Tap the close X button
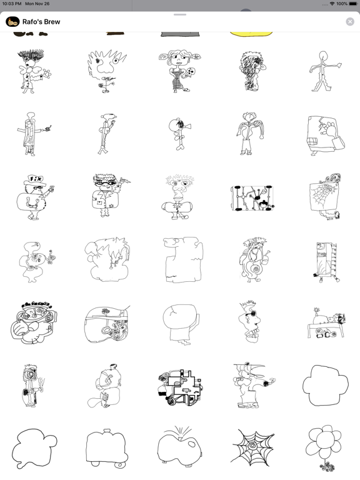tap(350, 22)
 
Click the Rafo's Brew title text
tap(41, 22)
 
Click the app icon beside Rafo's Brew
tap(12, 22)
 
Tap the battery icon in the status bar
tap(352, 4)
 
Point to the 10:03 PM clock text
tap(14, 4)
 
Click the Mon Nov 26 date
tap(42, 4)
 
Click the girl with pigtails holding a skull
tap(180, 71)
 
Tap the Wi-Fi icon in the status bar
tap(331, 4)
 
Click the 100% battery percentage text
tap(341, 4)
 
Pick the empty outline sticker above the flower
tap(324, 385)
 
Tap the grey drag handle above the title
tap(180, 14)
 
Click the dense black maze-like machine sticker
tap(180, 386)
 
